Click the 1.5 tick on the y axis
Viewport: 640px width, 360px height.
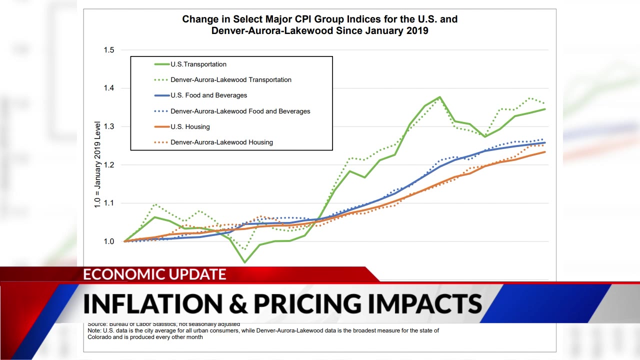click(108, 50)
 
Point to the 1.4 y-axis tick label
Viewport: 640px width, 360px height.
click(108, 88)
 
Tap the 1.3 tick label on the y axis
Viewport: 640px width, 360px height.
click(108, 126)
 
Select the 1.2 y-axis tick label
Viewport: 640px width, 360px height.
click(108, 165)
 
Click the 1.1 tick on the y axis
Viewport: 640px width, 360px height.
click(108, 203)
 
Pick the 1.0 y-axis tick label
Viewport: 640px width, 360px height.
click(108, 241)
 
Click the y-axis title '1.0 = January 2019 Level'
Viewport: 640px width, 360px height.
click(97, 164)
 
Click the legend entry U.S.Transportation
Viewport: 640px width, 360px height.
click(198, 64)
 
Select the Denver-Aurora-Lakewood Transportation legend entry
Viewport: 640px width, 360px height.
click(230, 79)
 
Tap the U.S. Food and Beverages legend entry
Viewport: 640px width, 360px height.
click(208, 95)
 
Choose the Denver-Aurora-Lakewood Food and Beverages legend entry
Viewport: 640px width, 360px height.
click(240, 111)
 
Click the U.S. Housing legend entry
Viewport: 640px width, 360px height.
click(190, 126)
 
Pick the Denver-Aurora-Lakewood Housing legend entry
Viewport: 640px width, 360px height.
click(221, 142)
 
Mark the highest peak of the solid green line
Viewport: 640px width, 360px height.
click(439, 97)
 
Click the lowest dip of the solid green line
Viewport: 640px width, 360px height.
click(244, 262)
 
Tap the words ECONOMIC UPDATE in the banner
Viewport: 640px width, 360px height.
click(154, 274)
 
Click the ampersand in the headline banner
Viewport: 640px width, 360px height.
click(234, 303)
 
